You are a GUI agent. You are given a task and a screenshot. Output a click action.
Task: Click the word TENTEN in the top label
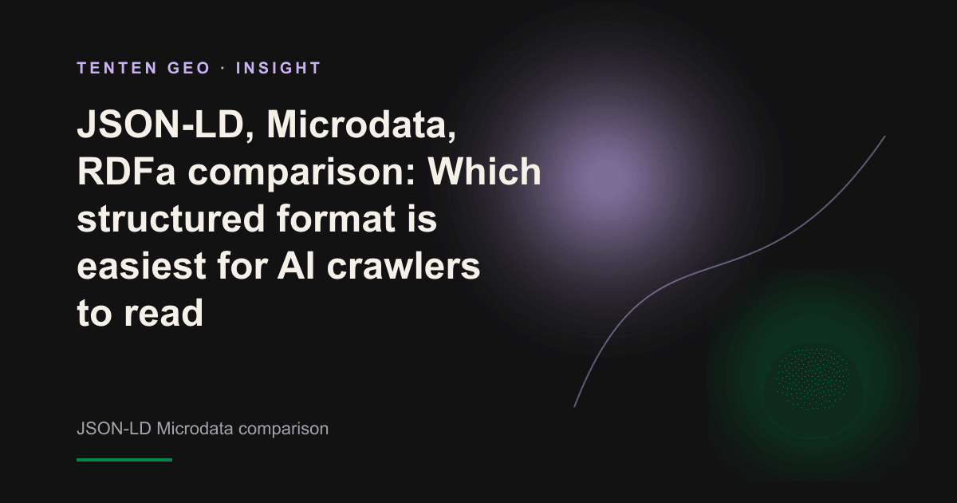tap(117, 68)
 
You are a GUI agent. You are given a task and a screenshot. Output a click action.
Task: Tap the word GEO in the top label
tap(189, 68)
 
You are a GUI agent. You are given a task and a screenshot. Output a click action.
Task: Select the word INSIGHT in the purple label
tap(278, 68)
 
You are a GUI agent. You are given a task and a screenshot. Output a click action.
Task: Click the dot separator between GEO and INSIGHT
tap(223, 69)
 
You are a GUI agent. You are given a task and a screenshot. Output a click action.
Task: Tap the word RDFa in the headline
tap(126, 172)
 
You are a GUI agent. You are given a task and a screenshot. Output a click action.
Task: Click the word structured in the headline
tap(171, 219)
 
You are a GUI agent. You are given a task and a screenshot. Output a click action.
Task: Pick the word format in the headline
tap(336, 219)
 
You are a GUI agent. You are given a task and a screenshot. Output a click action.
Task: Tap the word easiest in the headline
tap(141, 266)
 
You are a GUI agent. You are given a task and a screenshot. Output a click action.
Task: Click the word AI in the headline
tap(297, 266)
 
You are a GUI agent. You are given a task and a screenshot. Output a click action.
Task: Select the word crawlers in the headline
tap(404, 266)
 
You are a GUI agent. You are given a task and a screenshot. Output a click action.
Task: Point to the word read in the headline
tap(163, 313)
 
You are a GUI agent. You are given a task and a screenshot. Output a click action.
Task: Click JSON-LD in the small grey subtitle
tap(114, 429)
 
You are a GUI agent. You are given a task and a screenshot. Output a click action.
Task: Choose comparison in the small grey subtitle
tap(283, 430)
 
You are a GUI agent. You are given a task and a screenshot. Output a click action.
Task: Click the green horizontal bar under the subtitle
tap(124, 460)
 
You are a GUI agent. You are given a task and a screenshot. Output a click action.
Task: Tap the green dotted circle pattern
tap(813, 378)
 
